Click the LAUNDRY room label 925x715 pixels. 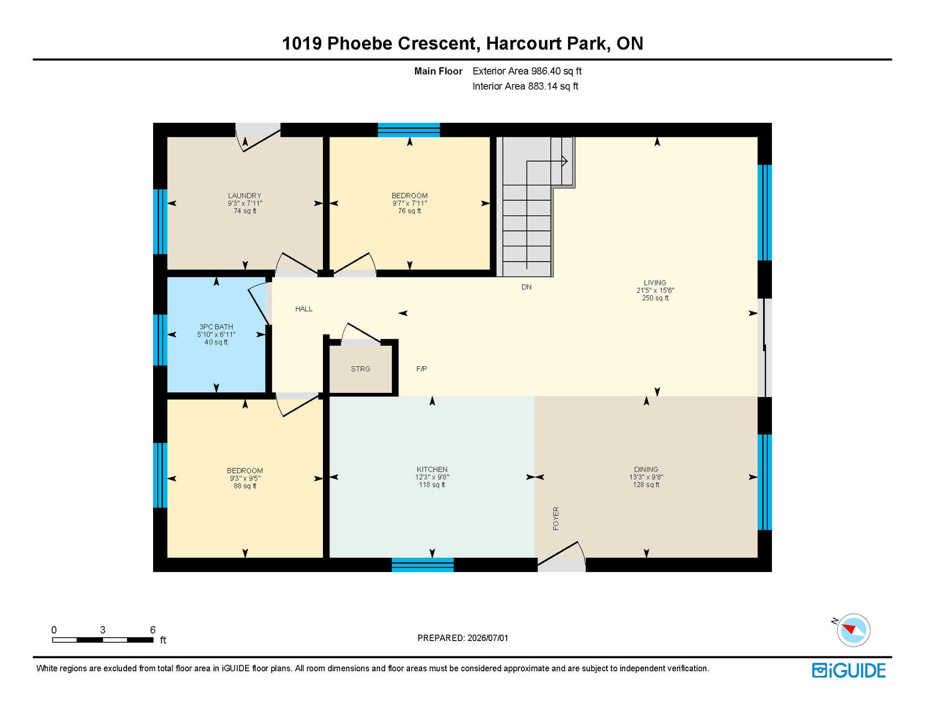(245, 196)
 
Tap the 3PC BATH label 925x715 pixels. (216, 327)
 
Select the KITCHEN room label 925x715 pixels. (432, 469)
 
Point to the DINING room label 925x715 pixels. (646, 469)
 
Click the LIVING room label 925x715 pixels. (655, 283)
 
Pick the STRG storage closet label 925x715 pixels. (361, 369)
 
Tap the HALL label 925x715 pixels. (304, 309)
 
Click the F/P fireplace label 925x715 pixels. (422, 369)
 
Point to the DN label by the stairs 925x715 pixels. (526, 287)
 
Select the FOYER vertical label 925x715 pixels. (556, 519)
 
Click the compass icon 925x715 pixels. (853, 630)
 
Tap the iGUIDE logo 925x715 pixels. (849, 670)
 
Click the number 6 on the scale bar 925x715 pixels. (153, 630)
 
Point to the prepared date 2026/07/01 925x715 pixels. (488, 638)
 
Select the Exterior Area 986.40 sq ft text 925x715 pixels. (527, 71)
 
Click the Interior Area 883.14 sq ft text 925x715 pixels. (525, 86)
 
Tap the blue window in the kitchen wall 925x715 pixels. (422, 565)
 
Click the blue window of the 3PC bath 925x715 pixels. (160, 340)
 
